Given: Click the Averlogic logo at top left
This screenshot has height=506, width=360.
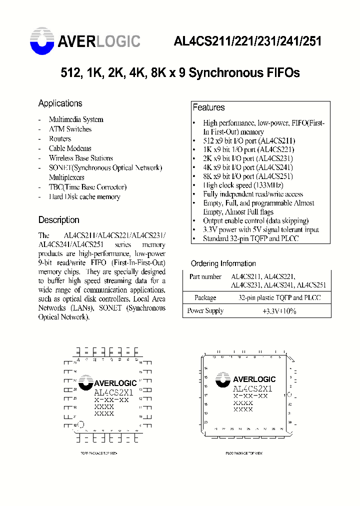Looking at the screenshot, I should (85, 41).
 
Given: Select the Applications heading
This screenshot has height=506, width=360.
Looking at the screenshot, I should (60, 103).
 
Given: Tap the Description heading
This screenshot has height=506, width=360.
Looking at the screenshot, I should (58, 220).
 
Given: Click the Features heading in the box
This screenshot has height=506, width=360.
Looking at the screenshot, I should (208, 107).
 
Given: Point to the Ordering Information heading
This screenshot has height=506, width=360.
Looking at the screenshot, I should (223, 263).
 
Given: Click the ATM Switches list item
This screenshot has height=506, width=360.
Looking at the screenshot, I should (70, 129).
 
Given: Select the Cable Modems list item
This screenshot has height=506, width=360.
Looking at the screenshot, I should (70, 148).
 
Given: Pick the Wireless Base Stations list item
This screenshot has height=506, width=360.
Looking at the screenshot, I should (80, 158).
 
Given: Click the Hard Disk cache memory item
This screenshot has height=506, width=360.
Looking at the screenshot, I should (84, 197).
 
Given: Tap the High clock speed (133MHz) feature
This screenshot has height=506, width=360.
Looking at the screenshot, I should (239, 185).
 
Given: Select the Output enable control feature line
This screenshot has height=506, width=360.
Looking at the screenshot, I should (255, 220).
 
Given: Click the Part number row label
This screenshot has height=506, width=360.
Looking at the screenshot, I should (205, 276).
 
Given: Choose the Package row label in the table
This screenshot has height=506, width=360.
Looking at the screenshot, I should (205, 297).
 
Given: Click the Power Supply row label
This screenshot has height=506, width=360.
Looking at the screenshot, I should (205, 310).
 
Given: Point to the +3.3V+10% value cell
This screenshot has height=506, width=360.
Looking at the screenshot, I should (279, 310).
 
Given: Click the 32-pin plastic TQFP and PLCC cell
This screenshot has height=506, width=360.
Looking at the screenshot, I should (279, 297).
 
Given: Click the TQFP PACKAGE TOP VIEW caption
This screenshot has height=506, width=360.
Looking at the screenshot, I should (99, 453).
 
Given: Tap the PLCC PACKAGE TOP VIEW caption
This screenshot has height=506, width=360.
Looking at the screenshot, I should (243, 453).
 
